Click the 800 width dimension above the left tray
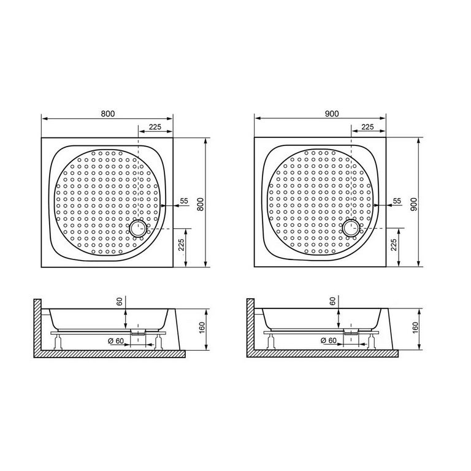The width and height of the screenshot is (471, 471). coord(108,113)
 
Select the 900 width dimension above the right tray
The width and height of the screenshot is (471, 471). coord(332,113)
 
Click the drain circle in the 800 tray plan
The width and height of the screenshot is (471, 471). coord(137,229)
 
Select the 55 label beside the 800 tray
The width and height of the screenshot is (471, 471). coord(183,201)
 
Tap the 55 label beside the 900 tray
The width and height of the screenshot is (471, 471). coord(396,201)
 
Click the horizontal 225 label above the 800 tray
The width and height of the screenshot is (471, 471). coord(155,127)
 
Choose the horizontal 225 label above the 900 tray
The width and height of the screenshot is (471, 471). coord(368,127)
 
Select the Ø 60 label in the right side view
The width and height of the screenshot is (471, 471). coord(328,341)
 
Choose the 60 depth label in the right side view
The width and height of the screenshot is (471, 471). coord(332,301)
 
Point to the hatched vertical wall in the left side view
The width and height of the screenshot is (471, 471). coord(37,325)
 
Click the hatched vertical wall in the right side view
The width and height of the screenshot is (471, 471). coord(250,325)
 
